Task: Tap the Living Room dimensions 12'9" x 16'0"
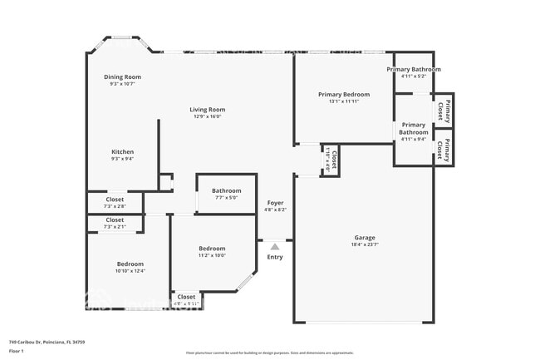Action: tap(207, 116)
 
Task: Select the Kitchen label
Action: tap(123, 152)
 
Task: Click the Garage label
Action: tap(365, 237)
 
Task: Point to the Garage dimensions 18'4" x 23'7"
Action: tap(365, 244)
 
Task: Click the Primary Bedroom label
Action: tap(344, 95)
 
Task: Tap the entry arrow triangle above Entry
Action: tap(275, 246)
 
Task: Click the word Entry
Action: tap(275, 257)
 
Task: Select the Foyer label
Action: tap(275, 203)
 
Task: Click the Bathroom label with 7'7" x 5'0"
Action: tap(226, 190)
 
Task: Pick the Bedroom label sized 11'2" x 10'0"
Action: tap(212, 249)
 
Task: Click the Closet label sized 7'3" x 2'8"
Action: tap(115, 200)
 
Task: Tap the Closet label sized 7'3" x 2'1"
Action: tap(115, 220)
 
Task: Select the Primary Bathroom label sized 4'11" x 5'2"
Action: tap(414, 69)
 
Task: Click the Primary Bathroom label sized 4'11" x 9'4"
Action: tap(414, 128)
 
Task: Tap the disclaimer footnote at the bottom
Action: tap(269, 353)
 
